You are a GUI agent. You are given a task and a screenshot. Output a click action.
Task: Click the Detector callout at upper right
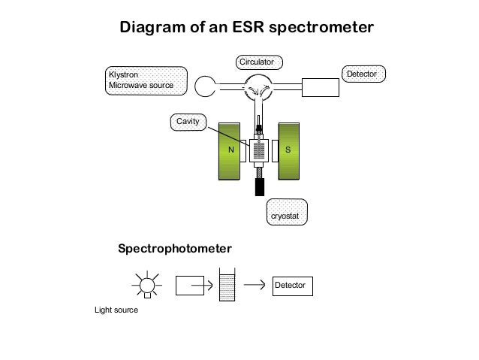(365, 74)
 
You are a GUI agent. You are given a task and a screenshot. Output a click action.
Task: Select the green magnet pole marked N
(231, 151)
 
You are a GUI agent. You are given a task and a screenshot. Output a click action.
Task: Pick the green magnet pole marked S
(289, 151)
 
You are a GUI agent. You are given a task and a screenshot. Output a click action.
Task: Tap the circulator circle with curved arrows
(260, 89)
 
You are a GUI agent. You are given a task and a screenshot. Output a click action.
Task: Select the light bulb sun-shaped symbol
(147, 285)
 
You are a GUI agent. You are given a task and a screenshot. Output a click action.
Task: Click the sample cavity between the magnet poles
(259, 150)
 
